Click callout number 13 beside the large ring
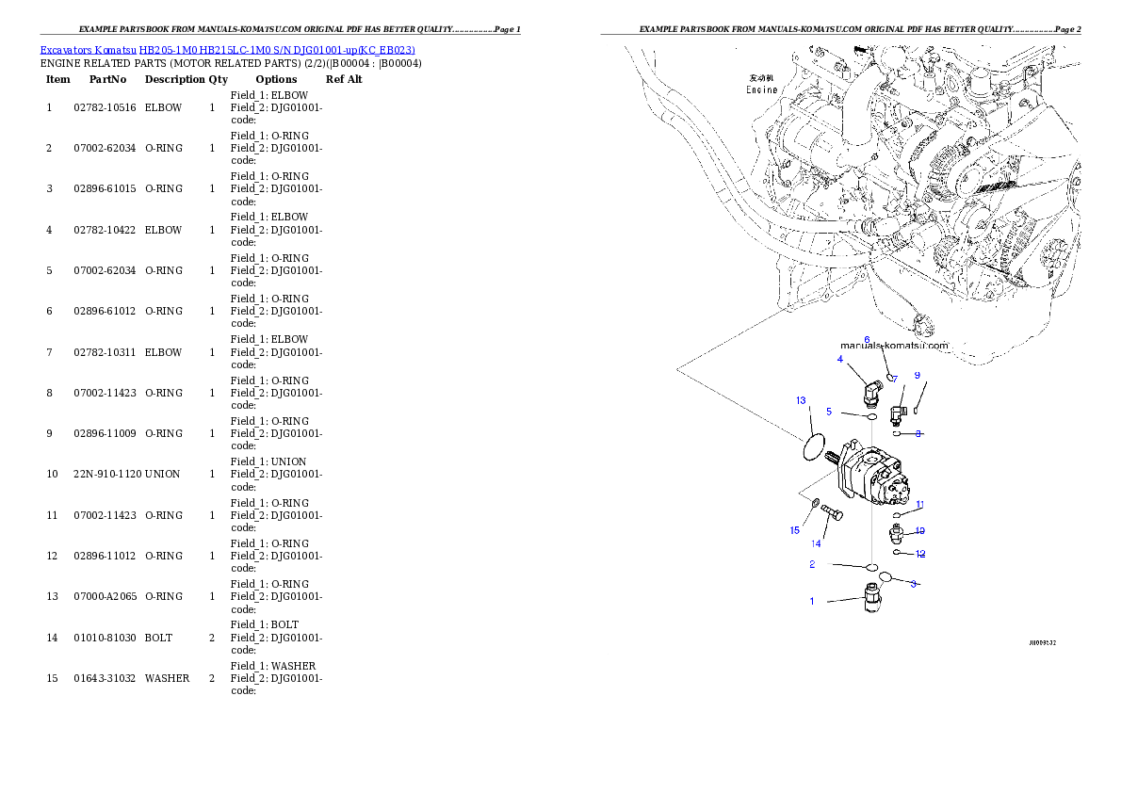801,400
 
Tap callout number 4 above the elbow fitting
839,359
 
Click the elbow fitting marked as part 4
871,390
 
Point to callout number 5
829,412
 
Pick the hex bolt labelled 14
832,513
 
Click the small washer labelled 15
815,503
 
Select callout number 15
794,530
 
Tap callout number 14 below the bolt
816,543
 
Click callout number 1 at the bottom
812,601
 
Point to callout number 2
812,564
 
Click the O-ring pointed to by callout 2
872,567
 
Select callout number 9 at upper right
917,375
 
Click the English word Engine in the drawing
761,90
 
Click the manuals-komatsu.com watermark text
894,346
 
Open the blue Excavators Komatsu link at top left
227,49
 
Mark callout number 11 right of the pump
919,505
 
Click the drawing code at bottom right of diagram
1042,643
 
